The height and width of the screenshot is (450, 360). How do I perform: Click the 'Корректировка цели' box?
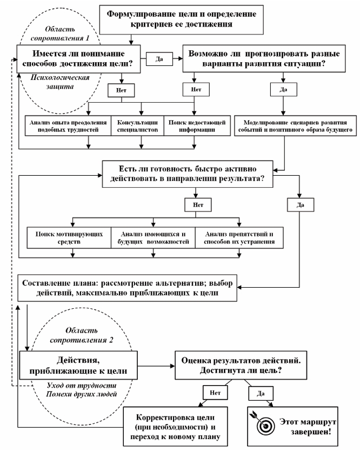(176, 423)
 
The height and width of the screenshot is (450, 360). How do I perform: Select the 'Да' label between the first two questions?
(158, 58)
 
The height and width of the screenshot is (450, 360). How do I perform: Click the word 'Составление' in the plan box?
(44, 283)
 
